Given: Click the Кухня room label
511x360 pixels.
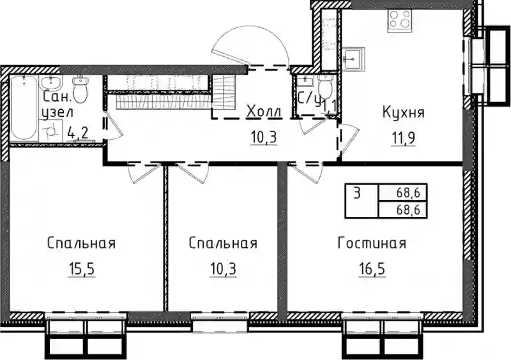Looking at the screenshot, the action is click(x=404, y=113).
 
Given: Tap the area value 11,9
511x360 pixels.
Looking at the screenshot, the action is click(x=403, y=138).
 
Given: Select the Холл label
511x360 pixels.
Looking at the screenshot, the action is click(x=264, y=112).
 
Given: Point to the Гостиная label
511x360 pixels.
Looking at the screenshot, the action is click(x=372, y=243).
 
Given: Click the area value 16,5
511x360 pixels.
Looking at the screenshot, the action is click(x=372, y=269).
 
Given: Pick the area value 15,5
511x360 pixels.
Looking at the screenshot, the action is click(x=82, y=269).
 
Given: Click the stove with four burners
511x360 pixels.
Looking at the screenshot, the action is click(x=400, y=20).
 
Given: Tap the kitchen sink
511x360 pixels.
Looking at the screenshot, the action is click(x=354, y=58).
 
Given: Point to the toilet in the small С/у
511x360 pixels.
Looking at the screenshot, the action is click(x=324, y=86).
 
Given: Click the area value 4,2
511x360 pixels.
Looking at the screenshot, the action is click(x=78, y=133).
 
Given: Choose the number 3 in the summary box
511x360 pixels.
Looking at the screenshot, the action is click(x=357, y=194).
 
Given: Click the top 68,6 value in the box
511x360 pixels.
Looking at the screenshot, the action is click(x=408, y=193).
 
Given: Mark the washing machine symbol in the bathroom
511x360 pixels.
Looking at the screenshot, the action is click(x=51, y=131).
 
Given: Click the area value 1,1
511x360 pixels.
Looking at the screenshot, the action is click(x=330, y=107).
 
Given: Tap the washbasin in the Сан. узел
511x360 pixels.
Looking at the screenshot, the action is click(x=50, y=82).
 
